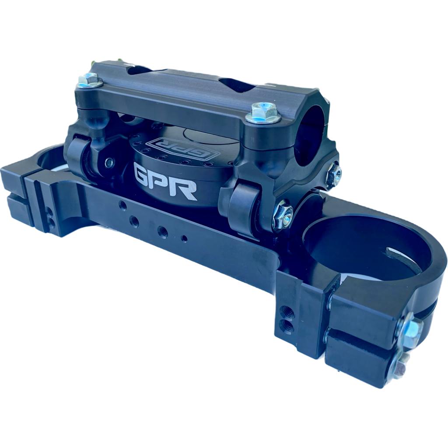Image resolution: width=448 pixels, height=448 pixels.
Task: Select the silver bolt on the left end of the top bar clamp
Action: click(90, 80)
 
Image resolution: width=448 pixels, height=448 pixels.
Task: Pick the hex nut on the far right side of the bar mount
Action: click(334, 174)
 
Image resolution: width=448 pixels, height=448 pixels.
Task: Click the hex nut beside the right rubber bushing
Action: click(282, 215)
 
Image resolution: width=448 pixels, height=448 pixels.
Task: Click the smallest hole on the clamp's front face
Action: click(184, 239)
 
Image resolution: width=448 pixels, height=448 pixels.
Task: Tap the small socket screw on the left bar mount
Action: click(109, 163)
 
